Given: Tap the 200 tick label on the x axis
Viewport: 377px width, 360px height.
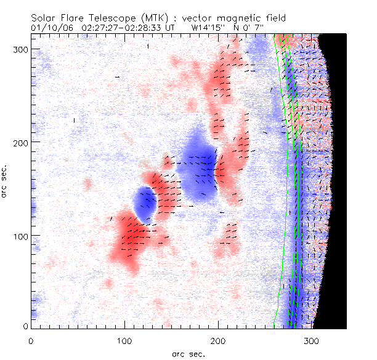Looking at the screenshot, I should click(x=123, y=340).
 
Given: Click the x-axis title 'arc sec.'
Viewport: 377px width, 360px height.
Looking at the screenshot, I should click(x=188, y=354).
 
